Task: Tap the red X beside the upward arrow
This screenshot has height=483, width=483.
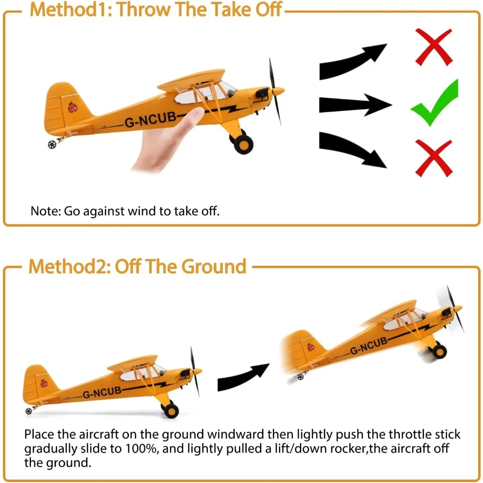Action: [433, 46]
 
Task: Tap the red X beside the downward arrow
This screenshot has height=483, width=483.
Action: [434, 157]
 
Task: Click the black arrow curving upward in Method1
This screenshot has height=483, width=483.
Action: [353, 60]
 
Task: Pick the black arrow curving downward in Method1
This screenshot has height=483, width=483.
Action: [353, 150]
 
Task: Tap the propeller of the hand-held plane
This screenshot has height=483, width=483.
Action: [275, 92]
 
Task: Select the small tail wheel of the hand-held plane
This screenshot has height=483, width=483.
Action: [52, 144]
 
